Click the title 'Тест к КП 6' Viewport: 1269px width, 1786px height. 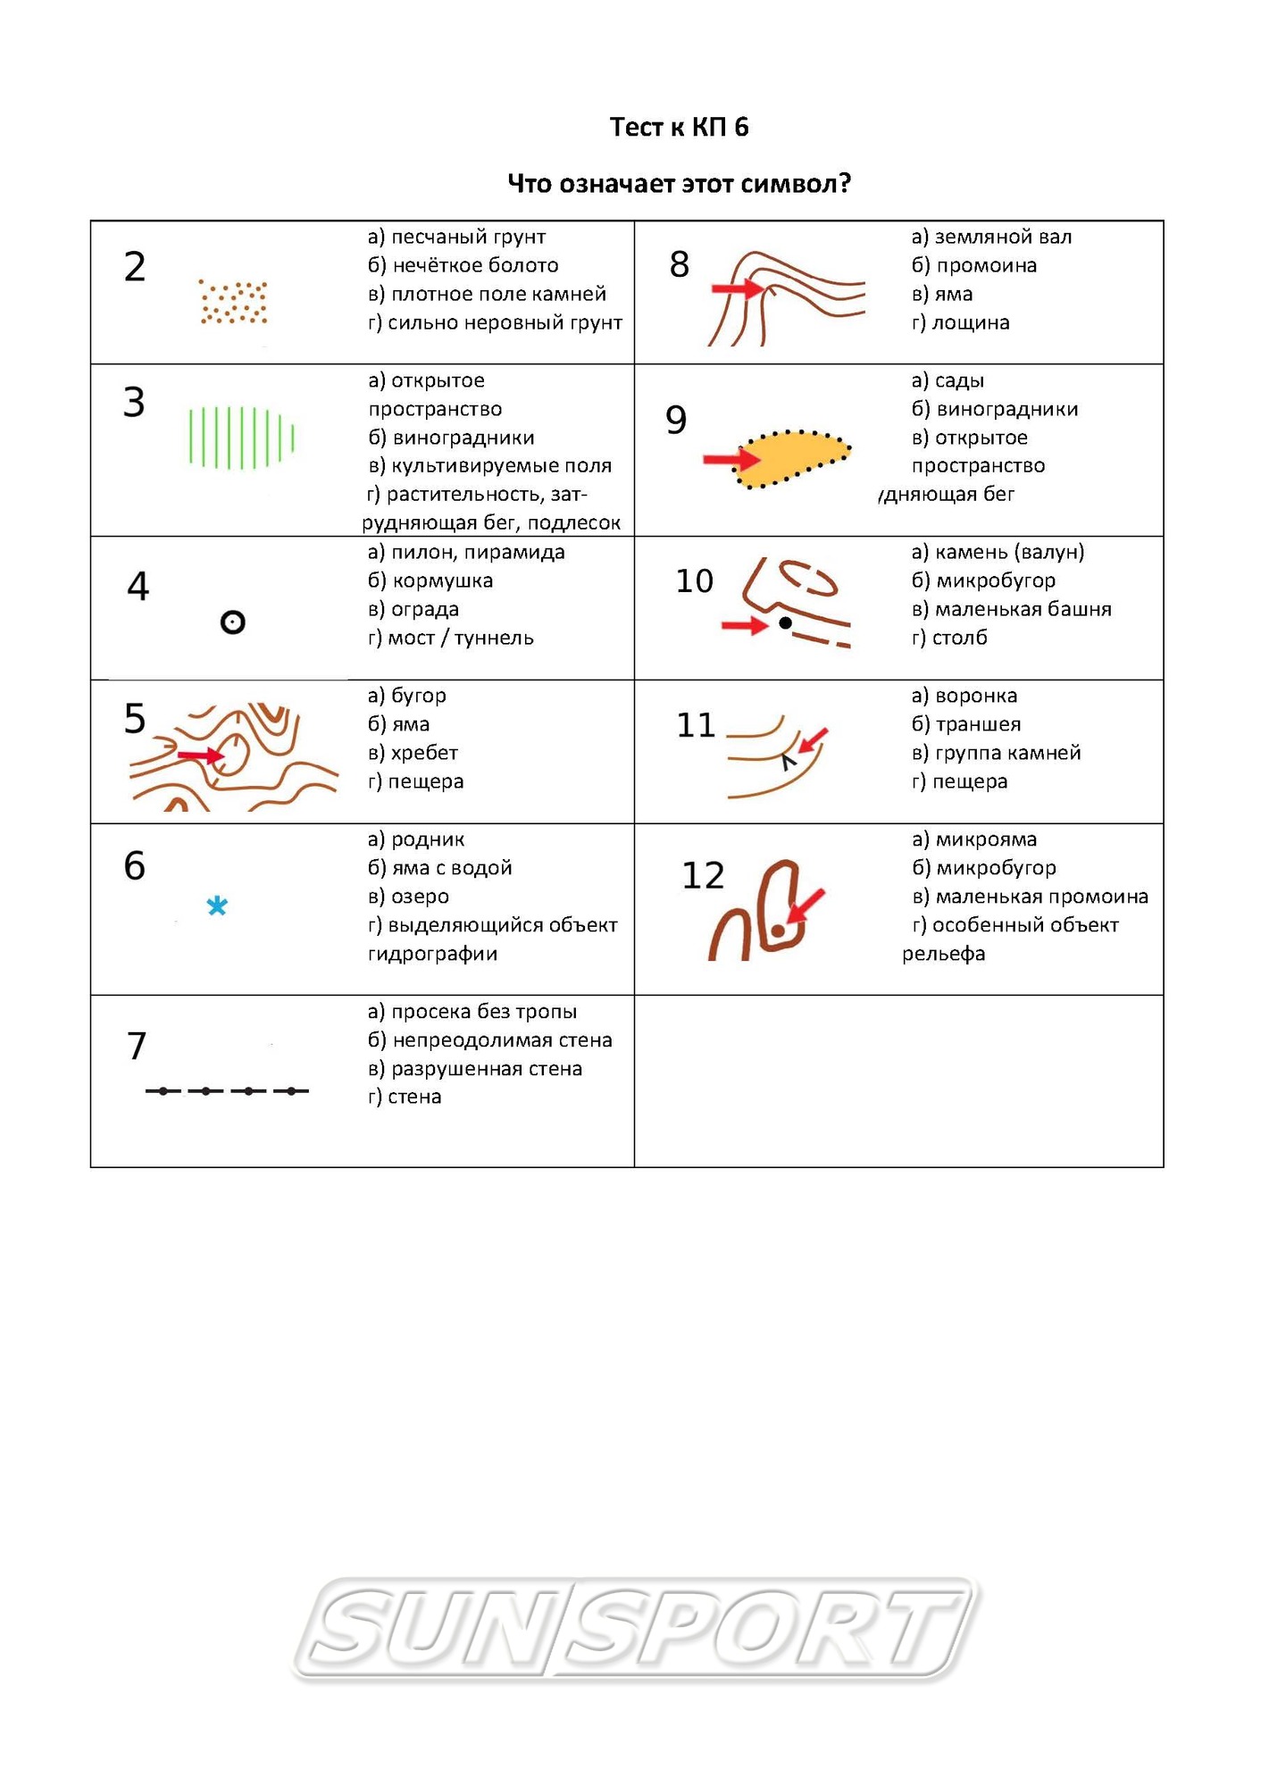coord(679,127)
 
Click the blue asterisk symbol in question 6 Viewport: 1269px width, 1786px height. coord(217,906)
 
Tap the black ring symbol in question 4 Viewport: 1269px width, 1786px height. coord(232,622)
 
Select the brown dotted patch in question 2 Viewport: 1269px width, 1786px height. coord(234,302)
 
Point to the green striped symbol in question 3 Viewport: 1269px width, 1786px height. coord(241,438)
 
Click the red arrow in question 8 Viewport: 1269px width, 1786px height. coord(736,288)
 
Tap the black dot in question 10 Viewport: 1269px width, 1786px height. coord(785,623)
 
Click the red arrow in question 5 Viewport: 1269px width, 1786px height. coord(200,756)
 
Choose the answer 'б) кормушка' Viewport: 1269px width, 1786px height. coord(430,580)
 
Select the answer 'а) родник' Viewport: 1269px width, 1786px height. coord(416,839)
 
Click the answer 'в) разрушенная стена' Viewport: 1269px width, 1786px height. coord(475,1069)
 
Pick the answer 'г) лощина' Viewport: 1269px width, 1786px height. coord(960,322)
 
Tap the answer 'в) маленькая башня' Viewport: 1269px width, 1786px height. coord(1011,609)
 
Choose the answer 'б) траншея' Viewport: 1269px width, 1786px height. coord(965,724)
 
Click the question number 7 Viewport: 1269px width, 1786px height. coord(137,1046)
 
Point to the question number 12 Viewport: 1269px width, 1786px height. coord(703,876)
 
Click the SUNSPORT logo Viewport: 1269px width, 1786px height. coord(636,1628)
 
